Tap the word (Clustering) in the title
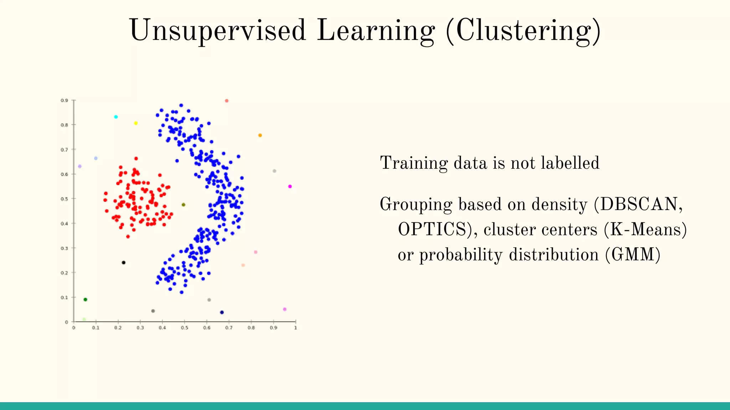tap(523, 31)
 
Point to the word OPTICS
tap(432, 230)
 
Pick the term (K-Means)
tap(645, 230)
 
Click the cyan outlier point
tap(116, 117)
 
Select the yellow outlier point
tap(136, 123)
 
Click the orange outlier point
tap(260, 135)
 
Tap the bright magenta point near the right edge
tap(290, 186)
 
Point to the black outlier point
tap(124, 263)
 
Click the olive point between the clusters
tap(184, 205)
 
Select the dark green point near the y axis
tap(85, 299)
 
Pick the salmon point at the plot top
tap(227, 101)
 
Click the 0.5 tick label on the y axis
tap(64, 199)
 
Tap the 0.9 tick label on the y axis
tap(64, 101)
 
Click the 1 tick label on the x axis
tap(295, 328)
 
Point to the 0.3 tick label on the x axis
tap(140, 328)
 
